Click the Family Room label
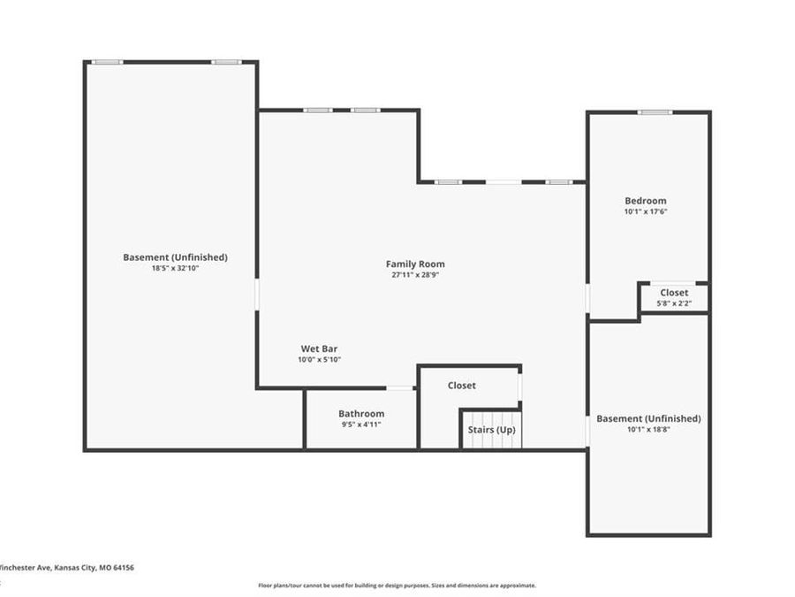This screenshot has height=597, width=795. point(415,264)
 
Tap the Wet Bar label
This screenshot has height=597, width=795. point(319,348)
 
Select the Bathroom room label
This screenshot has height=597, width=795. point(361,413)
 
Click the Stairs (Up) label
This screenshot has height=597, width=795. point(491,430)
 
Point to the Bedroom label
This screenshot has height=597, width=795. point(645,201)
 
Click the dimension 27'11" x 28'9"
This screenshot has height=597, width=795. point(415,275)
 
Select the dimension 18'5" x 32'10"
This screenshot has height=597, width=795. point(175,268)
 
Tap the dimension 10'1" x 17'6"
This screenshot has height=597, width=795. point(645,212)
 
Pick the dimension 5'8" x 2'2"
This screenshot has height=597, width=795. point(674,303)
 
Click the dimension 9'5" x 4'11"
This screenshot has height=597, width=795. point(361,425)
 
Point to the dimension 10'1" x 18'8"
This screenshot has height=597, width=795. point(648,430)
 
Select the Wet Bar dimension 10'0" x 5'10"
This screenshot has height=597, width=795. point(319,360)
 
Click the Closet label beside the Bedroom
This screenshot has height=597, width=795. point(674,292)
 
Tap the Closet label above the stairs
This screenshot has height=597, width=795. point(461,385)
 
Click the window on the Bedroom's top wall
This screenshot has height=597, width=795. point(655,112)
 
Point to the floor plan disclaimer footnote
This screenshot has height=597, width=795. point(397,586)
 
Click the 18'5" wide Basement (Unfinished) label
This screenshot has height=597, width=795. point(175,256)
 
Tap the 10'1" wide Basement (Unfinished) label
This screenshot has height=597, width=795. point(648,418)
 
